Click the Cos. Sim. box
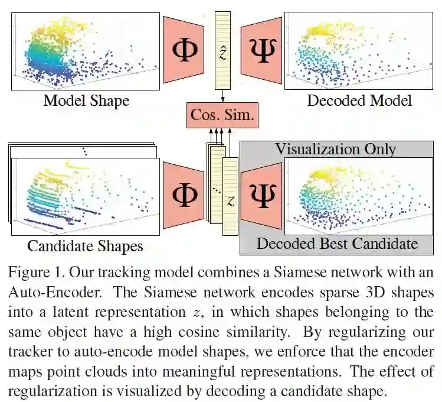coord(222,115)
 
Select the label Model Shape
coord(86,100)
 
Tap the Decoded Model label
coord(359,100)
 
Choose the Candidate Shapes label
coord(86,245)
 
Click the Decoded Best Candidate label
coord(337,243)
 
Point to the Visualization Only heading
coord(335,148)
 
